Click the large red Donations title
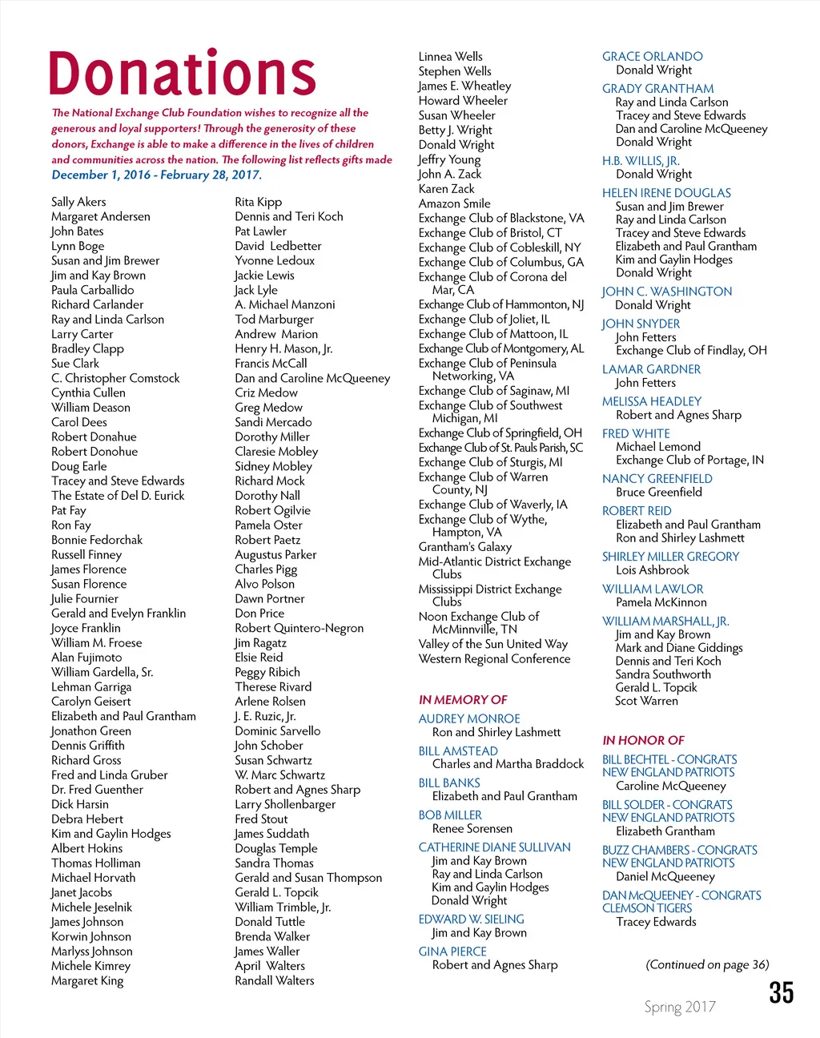click(183, 74)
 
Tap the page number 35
click(781, 992)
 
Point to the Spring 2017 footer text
click(680, 1007)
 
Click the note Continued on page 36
click(707, 964)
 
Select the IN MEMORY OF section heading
click(463, 699)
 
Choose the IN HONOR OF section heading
click(643, 740)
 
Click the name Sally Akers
click(78, 202)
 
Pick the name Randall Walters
click(274, 980)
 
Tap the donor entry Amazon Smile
click(454, 203)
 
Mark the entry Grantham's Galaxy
click(464, 546)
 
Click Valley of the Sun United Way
click(492, 644)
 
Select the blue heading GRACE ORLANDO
click(652, 57)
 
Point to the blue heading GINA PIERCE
click(452, 951)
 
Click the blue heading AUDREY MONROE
click(469, 718)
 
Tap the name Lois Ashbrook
click(652, 570)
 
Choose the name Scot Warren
click(646, 701)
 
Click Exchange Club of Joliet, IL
click(484, 319)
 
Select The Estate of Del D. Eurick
click(118, 496)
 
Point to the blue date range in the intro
click(156, 175)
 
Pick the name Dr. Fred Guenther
click(97, 790)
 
